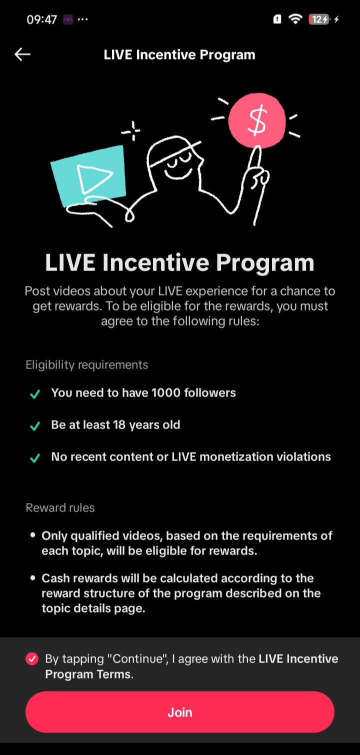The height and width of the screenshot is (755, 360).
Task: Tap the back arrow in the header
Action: (x=22, y=54)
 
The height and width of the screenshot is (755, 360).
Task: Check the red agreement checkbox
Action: (x=32, y=658)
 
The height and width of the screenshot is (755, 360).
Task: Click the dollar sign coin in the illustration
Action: (x=257, y=120)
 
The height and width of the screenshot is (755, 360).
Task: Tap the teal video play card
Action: (x=88, y=176)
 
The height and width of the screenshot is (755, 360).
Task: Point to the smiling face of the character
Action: (x=178, y=164)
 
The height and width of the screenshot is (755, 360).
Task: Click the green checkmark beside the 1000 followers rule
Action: (x=35, y=393)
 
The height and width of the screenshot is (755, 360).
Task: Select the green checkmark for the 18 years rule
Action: (x=35, y=425)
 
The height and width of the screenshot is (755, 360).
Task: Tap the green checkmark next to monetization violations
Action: (x=35, y=457)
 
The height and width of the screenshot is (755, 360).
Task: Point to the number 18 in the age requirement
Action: (x=119, y=424)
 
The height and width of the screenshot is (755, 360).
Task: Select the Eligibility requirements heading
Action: (x=87, y=365)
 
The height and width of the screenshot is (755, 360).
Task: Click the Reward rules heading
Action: (x=60, y=507)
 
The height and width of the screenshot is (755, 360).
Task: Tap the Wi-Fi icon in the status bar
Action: (x=295, y=19)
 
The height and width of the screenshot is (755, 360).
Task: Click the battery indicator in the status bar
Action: (x=319, y=19)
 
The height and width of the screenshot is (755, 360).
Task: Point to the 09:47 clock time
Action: (x=42, y=19)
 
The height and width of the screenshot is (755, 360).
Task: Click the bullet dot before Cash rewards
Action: (x=32, y=577)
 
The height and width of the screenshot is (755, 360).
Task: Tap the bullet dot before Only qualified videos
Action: (x=32, y=535)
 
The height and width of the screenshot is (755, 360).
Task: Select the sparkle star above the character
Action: (x=131, y=131)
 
